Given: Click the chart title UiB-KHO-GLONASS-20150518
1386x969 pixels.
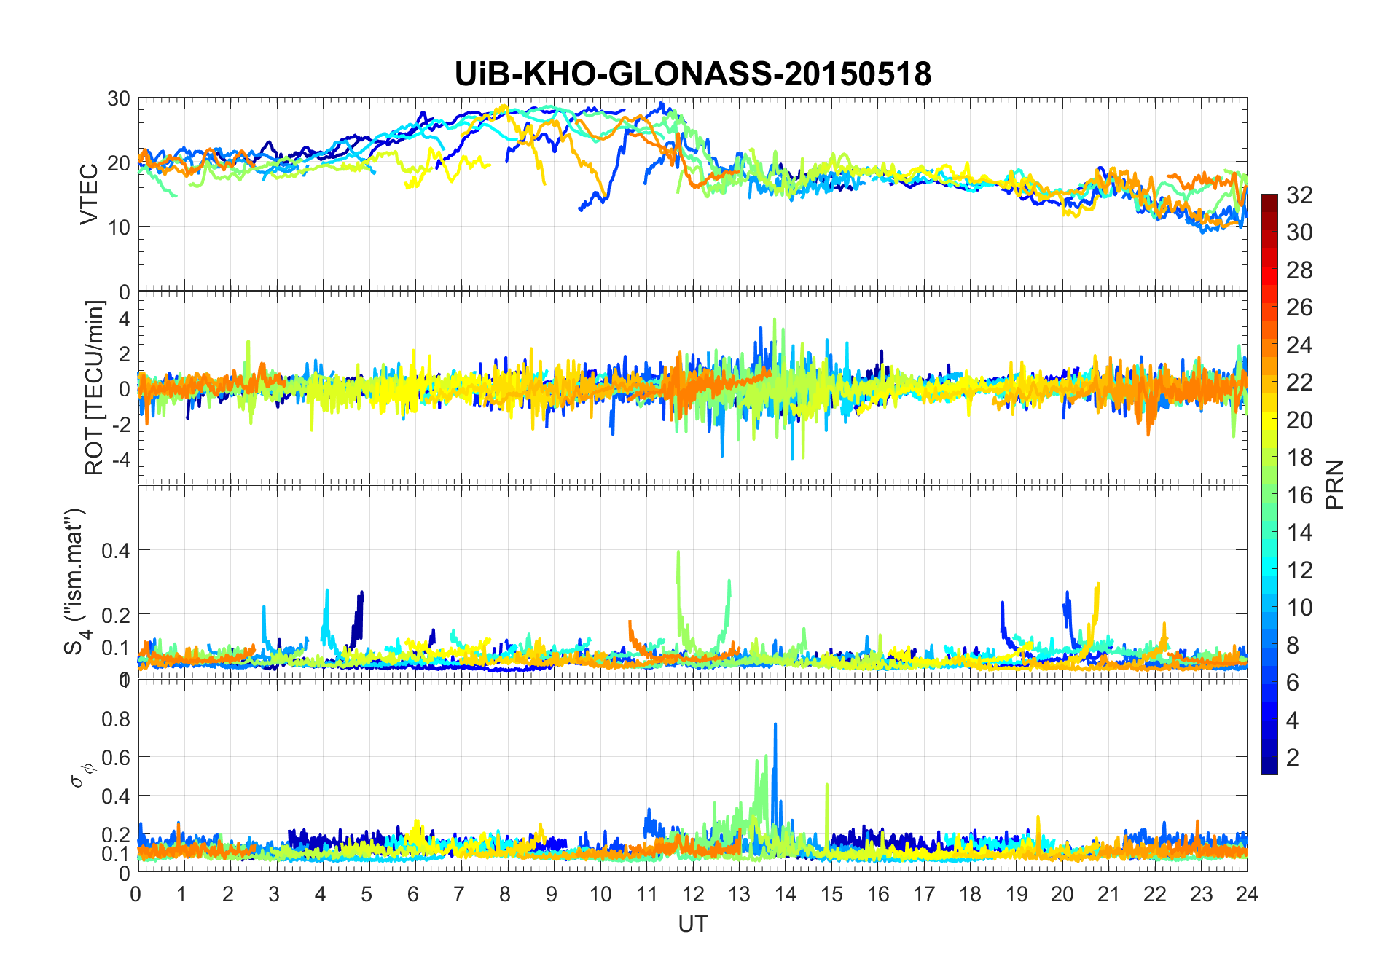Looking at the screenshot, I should click(692, 74).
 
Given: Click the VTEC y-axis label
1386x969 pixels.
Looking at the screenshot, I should click(89, 195).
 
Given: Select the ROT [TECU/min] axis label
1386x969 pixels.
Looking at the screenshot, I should click(94, 388).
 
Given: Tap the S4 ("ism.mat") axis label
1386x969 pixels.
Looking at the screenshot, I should click(75, 581).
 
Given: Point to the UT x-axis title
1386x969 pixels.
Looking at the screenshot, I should click(692, 924).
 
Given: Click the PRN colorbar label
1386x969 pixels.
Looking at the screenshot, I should click(1335, 484).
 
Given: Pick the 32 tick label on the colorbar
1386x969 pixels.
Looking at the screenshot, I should click(1299, 195).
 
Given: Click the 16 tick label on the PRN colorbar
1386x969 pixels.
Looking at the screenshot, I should click(1299, 495).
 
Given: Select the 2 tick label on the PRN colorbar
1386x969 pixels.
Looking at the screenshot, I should click(1293, 758).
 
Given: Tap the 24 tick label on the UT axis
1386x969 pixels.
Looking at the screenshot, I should click(1247, 894).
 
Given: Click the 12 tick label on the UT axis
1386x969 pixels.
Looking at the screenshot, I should click(692, 894).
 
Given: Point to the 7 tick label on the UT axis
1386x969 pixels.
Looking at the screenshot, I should click(459, 894).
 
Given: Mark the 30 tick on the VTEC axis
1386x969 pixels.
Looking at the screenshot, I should click(119, 98).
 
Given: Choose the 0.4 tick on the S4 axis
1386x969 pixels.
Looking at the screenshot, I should click(115, 550).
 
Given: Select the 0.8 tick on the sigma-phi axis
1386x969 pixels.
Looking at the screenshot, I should click(115, 718).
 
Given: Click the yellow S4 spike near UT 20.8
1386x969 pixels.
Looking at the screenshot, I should click(1097, 587).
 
